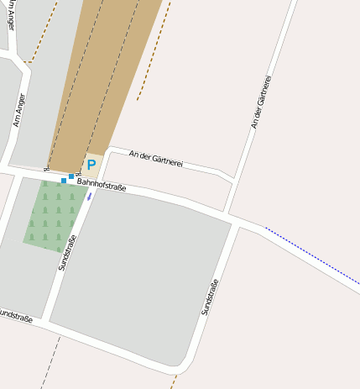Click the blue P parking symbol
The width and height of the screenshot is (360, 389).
(x=91, y=166)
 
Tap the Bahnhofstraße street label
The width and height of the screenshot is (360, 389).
(x=101, y=183)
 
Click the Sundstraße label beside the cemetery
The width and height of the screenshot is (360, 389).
(x=68, y=252)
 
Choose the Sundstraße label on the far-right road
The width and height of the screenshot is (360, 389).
(x=210, y=297)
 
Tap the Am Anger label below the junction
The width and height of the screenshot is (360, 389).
(x=19, y=110)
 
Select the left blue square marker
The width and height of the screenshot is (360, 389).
(x=63, y=180)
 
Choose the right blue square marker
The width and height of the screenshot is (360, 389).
(x=71, y=176)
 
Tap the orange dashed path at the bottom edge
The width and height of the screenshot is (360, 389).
(x=173, y=381)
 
